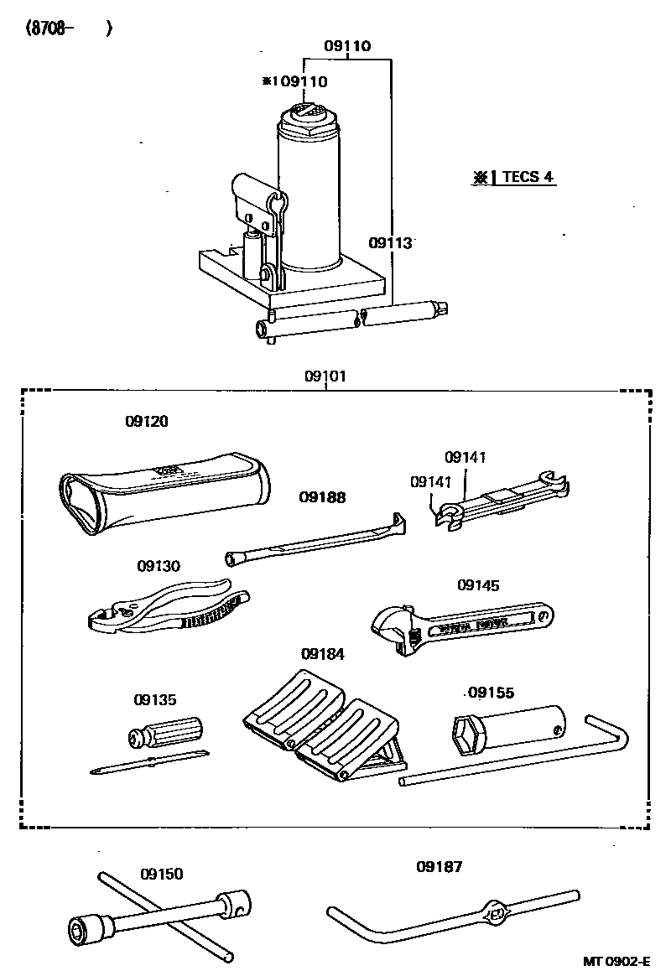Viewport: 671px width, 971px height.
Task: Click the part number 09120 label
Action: click(x=147, y=422)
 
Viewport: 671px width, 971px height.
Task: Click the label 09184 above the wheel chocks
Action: click(x=323, y=653)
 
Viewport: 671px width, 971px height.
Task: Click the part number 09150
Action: click(x=161, y=874)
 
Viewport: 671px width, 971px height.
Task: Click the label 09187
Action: click(x=439, y=867)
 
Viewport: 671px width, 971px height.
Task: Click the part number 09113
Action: click(x=390, y=243)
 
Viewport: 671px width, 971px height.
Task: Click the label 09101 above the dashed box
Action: click(x=325, y=376)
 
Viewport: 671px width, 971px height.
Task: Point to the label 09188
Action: click(x=322, y=497)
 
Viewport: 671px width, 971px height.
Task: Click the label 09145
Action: click(x=478, y=585)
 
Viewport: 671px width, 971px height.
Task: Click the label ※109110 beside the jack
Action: click(x=294, y=81)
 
